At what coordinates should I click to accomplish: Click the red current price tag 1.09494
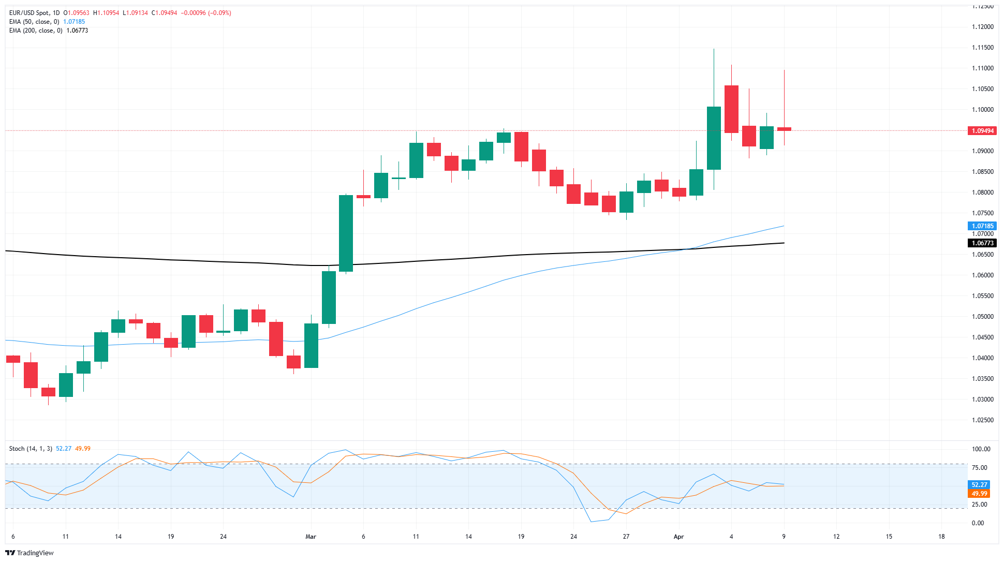click(x=982, y=131)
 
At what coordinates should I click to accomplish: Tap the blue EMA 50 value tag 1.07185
click(x=982, y=226)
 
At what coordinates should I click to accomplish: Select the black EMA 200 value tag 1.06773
click(x=982, y=243)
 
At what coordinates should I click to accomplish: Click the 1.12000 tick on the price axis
click(x=982, y=27)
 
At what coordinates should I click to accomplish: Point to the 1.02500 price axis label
click(x=982, y=420)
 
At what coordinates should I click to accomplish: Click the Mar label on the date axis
click(x=311, y=537)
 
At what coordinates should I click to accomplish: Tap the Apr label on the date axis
click(x=678, y=537)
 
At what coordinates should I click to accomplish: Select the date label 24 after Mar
click(x=573, y=537)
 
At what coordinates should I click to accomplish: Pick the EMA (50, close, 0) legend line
click(x=34, y=22)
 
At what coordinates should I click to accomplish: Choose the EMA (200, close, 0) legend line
click(x=36, y=31)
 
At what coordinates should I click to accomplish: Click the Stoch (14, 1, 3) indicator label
click(x=31, y=449)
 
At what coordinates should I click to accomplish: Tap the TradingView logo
click(x=29, y=553)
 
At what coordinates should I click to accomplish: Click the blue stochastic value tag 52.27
click(x=979, y=485)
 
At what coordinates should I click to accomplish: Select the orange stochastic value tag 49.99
click(x=979, y=494)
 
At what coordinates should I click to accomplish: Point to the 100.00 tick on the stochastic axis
click(x=981, y=449)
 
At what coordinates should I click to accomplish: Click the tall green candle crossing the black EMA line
click(x=346, y=233)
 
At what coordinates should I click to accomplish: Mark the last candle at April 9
click(x=784, y=129)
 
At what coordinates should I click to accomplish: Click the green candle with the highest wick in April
click(x=714, y=138)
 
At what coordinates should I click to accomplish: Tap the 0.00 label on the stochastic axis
click(x=978, y=523)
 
